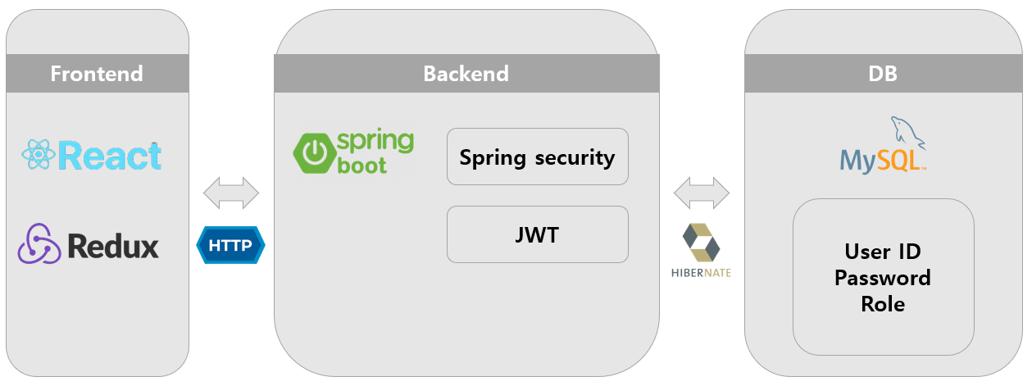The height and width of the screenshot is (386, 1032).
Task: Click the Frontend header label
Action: click(x=97, y=74)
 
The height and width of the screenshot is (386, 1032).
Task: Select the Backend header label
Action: click(x=466, y=74)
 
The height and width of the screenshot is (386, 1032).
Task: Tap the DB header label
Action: click(x=882, y=74)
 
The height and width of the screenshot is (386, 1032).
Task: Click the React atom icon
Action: click(x=38, y=155)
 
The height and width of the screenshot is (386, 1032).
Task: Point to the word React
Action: click(x=110, y=156)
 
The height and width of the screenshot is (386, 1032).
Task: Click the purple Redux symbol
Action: click(x=39, y=243)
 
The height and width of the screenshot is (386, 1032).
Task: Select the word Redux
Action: click(x=113, y=245)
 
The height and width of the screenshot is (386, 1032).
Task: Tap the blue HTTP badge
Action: click(x=230, y=245)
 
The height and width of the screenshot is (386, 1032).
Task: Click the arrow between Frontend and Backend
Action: click(x=230, y=193)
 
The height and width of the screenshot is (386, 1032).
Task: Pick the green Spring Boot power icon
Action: click(x=312, y=152)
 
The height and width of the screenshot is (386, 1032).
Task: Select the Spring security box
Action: click(x=537, y=157)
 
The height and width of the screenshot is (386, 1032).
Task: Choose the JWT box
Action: click(x=537, y=234)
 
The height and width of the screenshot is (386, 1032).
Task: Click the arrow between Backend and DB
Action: click(x=701, y=193)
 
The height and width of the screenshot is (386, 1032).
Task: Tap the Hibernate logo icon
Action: click(x=701, y=242)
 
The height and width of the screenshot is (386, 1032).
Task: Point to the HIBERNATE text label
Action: click(x=701, y=272)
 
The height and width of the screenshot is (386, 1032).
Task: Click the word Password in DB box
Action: click(x=883, y=277)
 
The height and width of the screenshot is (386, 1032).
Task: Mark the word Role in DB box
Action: click(x=883, y=303)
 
